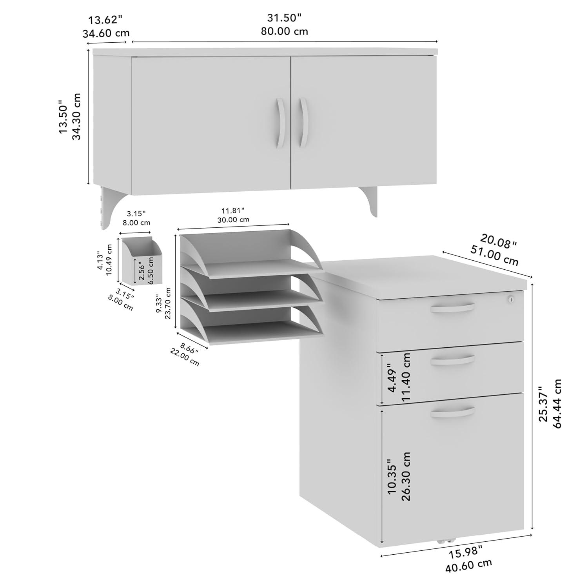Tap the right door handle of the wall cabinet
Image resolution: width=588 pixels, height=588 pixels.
(304, 123)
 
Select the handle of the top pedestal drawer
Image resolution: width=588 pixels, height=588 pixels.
(452, 308)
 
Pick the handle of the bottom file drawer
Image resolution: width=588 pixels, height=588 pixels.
(452, 412)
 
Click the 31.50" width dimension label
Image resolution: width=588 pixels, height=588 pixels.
(284, 18)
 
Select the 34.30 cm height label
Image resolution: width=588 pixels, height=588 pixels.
(76, 116)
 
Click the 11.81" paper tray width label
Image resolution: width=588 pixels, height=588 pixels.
(233, 211)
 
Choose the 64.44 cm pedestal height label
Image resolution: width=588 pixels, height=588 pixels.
(557, 404)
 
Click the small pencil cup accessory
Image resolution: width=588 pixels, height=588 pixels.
(141, 261)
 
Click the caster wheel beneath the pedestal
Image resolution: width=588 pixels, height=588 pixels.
(444, 541)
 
